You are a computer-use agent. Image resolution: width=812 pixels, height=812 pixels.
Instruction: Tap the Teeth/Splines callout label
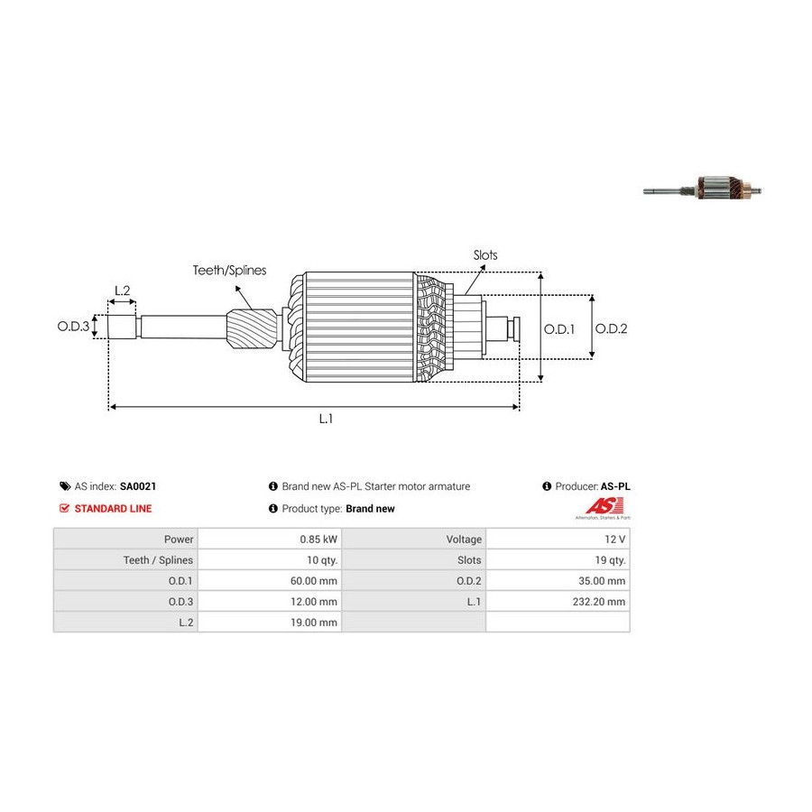[x=229, y=270]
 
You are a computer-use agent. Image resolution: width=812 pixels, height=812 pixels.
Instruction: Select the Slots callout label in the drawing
[x=485, y=255]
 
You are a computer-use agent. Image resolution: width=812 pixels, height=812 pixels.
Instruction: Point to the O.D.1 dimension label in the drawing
[x=559, y=328]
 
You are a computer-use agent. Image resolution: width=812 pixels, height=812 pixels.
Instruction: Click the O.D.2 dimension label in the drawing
[x=611, y=328]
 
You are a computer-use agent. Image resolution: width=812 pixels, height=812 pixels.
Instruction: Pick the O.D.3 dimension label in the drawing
[x=74, y=327]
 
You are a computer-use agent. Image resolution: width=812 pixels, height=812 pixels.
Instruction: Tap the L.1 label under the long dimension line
[x=327, y=419]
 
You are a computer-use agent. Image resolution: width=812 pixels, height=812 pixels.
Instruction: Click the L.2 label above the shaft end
[x=122, y=291]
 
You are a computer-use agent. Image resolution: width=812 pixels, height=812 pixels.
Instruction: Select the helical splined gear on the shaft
[x=253, y=330]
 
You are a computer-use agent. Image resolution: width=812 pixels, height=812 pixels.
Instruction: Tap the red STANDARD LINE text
[x=113, y=509]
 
